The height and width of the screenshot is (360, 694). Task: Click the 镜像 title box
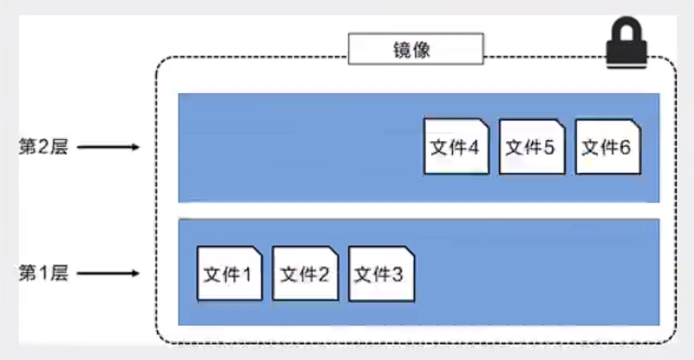[x=415, y=50]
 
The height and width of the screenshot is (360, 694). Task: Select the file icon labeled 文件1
[x=229, y=273]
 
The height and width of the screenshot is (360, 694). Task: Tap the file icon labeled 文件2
[x=305, y=273]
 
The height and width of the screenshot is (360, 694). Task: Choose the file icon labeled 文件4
[x=456, y=146]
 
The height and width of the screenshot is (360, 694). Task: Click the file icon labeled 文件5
[x=531, y=146]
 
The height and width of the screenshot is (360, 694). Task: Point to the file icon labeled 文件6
[x=607, y=146]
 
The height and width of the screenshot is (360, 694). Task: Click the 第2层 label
[x=43, y=147]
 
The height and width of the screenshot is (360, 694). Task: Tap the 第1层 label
[x=43, y=273]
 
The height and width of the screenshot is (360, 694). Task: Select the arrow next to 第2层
[x=109, y=147]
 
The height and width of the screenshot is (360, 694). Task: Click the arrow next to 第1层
[x=109, y=273]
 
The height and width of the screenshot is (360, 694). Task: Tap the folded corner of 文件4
[x=482, y=124]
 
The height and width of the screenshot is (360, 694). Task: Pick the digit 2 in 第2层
[x=43, y=147]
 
